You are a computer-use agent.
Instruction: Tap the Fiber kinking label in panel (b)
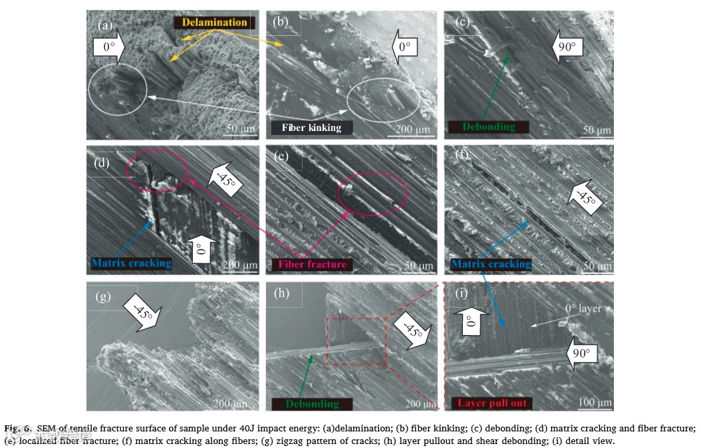tap(311, 128)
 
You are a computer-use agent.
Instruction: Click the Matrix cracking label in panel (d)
tap(131, 263)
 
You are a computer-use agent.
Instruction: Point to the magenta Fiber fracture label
tap(313, 264)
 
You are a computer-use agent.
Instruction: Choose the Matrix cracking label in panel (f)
tap(491, 264)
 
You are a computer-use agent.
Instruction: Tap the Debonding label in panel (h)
tap(312, 403)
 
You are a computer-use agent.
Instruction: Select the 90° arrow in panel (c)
tap(567, 47)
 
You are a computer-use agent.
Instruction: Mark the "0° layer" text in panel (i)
tap(582, 308)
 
